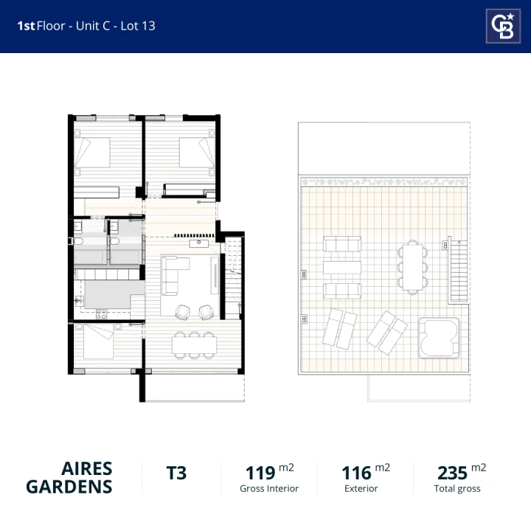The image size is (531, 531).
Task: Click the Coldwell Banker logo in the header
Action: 503,26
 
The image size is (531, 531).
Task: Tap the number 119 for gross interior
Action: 260,473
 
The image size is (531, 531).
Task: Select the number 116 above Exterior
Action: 356,473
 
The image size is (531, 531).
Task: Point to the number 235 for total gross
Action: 452,473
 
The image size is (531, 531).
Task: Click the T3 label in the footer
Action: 176,473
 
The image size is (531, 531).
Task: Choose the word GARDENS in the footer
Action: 69,487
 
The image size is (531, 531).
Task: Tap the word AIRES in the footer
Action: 87,469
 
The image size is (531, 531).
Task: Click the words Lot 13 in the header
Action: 138,26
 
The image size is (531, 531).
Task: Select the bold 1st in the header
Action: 26,26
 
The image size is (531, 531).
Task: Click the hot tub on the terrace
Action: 439,338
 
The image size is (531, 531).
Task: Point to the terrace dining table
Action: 412,267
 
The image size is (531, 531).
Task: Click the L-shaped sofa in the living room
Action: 172,275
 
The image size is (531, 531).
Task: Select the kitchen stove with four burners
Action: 101,314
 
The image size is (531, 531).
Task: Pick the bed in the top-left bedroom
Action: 91,153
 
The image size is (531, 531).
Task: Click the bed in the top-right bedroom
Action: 197,153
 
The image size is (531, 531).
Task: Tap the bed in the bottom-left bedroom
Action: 99,341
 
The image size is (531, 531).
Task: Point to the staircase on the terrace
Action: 458,271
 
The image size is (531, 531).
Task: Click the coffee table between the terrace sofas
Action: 342,267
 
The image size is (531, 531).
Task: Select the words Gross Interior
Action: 269,489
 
